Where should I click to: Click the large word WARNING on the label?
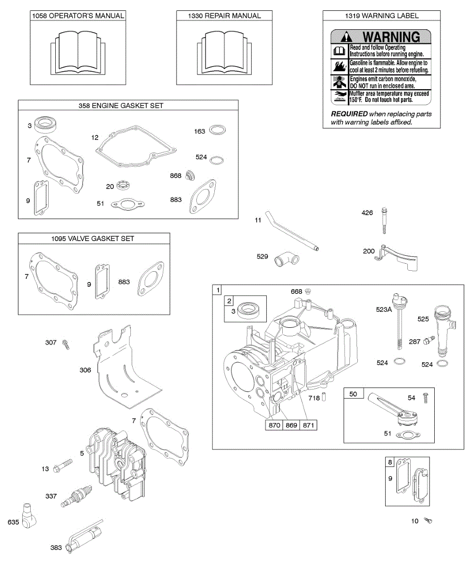pos(389,37)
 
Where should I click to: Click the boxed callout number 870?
pos(274,425)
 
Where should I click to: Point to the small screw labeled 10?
pos(429,521)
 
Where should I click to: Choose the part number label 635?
pos(13,522)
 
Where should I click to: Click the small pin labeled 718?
pos(324,398)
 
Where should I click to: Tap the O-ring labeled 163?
pos(216,130)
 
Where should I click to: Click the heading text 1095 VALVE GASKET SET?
pos(93,239)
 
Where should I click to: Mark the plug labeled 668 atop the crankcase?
pos(307,291)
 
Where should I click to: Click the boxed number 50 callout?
pos(353,393)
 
